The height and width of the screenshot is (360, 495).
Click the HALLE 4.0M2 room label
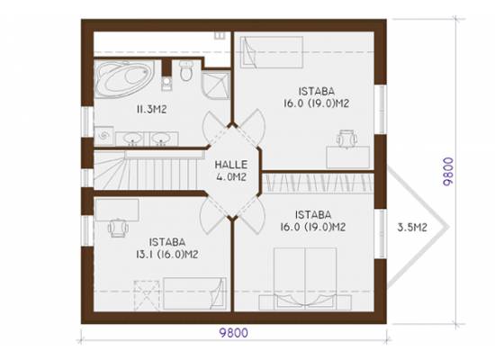231,171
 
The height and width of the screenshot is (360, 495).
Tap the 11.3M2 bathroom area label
151,110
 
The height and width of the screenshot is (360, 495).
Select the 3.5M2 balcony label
412,228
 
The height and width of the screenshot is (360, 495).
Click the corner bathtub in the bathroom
124,79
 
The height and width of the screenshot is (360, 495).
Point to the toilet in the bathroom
186,70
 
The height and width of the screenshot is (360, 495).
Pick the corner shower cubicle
216,85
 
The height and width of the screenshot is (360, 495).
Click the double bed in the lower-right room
305,278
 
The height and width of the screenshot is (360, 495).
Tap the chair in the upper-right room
346,139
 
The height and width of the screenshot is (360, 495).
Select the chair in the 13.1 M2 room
118,228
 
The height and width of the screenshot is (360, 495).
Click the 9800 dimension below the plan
234,333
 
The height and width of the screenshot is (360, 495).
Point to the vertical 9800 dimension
448,171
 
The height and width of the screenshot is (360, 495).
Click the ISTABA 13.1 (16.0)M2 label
167,248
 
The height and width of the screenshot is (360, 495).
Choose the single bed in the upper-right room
272,52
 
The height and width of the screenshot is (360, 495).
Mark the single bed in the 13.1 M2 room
194,293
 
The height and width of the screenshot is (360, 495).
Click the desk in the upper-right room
348,157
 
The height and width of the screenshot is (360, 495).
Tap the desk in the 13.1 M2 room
116,210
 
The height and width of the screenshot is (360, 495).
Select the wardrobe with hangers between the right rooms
319,184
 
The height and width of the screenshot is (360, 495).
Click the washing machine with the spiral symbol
103,136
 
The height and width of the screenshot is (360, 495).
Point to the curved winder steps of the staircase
110,170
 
